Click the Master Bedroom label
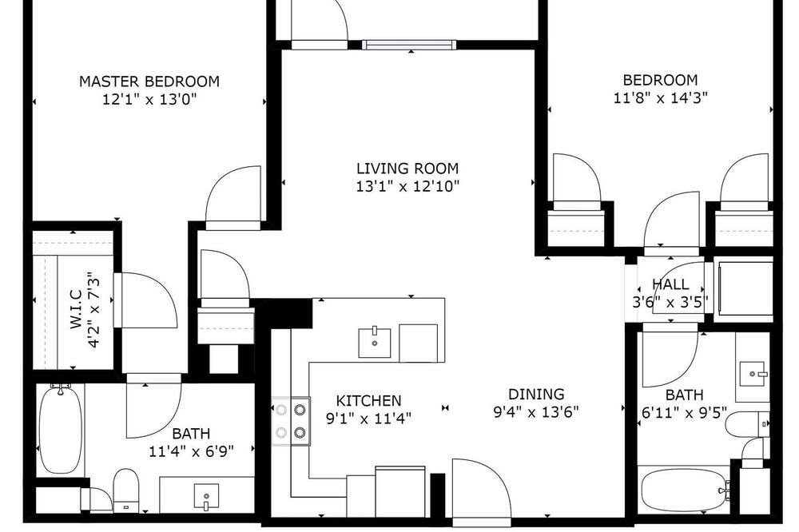click(x=149, y=81)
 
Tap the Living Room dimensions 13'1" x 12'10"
click(x=407, y=186)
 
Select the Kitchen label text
click(x=368, y=400)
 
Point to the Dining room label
click(x=536, y=394)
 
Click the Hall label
click(x=670, y=284)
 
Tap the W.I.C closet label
click(x=76, y=309)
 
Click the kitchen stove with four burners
click(x=291, y=421)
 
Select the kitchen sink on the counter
click(x=375, y=343)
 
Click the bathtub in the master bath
click(x=61, y=430)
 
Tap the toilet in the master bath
click(x=125, y=489)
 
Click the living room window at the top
click(x=409, y=45)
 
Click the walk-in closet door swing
click(x=145, y=300)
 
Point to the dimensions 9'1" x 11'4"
click(x=368, y=419)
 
